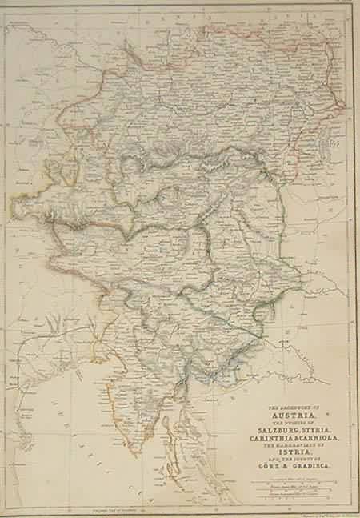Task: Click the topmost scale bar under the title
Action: [x=298, y=479]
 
